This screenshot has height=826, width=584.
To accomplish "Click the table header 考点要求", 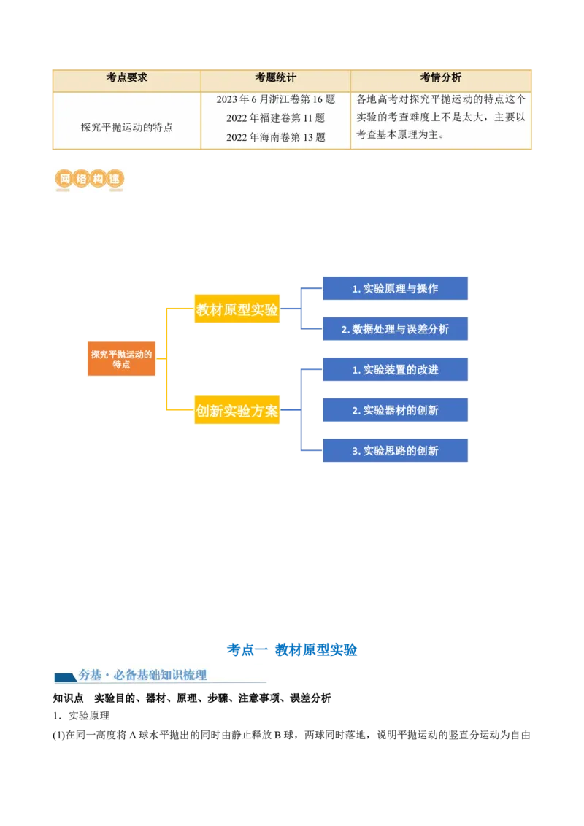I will (126, 78).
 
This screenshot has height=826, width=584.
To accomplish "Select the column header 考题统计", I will (275, 78).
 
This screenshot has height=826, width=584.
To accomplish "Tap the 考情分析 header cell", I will (440, 78).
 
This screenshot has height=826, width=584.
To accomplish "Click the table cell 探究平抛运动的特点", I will (126, 127).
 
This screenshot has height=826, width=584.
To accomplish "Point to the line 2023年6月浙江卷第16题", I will (275, 99).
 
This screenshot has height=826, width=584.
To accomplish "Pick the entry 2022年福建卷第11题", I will (275, 118).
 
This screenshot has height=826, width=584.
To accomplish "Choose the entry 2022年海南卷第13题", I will (275, 137).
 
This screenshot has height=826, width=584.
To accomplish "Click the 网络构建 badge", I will (91, 179).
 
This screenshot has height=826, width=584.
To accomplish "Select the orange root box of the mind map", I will (121, 359).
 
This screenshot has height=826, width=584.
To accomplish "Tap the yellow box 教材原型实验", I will (237, 309).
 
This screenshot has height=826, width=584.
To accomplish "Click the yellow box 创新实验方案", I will (237, 411).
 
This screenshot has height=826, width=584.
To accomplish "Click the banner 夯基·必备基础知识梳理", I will (161, 675).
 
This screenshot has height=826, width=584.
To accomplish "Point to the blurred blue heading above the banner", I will (292, 649).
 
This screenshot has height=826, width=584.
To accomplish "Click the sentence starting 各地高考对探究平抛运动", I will (440, 117).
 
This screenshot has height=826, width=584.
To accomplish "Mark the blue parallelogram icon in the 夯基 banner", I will (66, 677).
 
